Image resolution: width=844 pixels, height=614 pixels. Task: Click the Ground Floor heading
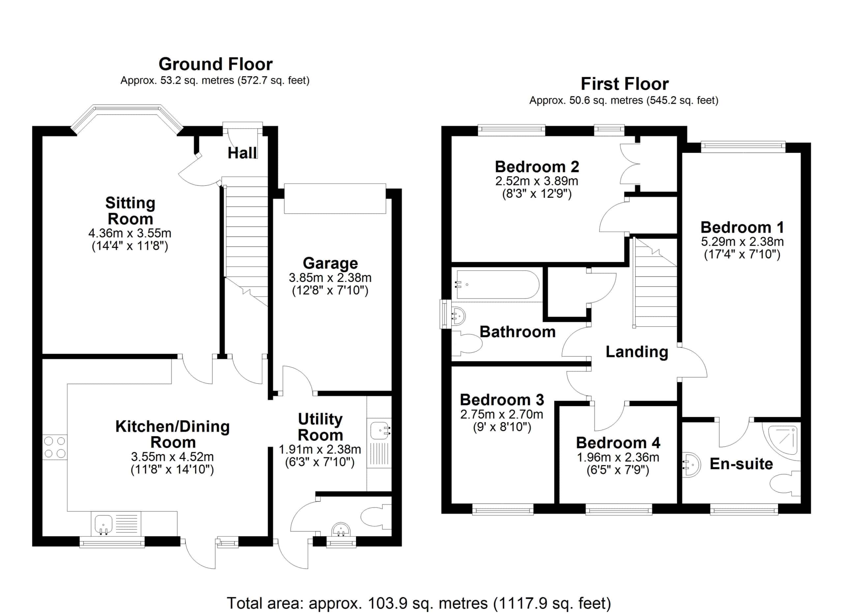(x=216, y=64)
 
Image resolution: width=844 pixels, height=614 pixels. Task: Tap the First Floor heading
(x=625, y=84)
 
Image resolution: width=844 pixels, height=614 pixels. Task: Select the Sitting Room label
(x=130, y=211)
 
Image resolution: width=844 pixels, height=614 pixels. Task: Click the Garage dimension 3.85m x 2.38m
(x=330, y=278)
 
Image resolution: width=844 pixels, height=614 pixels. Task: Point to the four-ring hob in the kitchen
(x=55, y=447)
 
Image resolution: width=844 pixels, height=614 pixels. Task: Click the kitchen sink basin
(x=104, y=524)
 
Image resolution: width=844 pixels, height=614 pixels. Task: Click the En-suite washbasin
(x=691, y=465)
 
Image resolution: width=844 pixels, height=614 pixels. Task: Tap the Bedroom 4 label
(x=618, y=443)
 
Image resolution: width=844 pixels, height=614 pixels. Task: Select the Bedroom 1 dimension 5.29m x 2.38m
(x=742, y=242)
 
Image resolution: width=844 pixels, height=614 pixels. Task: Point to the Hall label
(x=242, y=153)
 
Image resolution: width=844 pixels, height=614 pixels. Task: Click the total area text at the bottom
(x=419, y=603)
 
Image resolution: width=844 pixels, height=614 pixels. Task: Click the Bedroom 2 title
(x=537, y=167)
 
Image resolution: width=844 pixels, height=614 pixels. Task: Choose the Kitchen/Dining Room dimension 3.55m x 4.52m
(x=172, y=457)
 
